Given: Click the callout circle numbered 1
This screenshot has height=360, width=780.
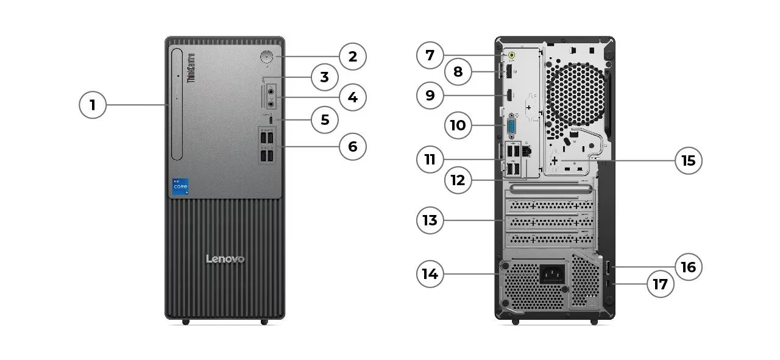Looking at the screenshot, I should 93,105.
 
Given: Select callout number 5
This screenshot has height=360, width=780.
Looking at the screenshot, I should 325,120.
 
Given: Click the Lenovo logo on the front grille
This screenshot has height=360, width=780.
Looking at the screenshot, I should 225,259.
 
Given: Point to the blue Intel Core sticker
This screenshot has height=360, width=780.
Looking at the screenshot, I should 180,186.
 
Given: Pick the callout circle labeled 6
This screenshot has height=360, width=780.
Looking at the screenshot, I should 353,146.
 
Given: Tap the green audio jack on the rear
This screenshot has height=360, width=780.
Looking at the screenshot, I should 512,55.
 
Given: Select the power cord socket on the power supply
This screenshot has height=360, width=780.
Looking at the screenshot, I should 551,274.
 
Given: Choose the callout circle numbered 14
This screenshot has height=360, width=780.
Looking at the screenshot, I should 430,274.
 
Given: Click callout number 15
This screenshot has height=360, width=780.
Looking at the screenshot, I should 689,161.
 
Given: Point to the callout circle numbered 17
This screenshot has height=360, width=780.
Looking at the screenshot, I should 661,284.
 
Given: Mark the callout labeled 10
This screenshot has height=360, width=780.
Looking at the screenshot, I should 458,125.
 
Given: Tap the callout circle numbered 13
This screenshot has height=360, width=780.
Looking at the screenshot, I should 430,220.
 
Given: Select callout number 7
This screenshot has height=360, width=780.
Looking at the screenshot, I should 430,55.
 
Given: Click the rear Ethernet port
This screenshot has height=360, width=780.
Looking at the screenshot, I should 528,150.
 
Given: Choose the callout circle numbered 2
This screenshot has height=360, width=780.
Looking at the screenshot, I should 353,57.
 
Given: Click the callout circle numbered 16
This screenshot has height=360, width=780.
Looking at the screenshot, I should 689,267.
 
